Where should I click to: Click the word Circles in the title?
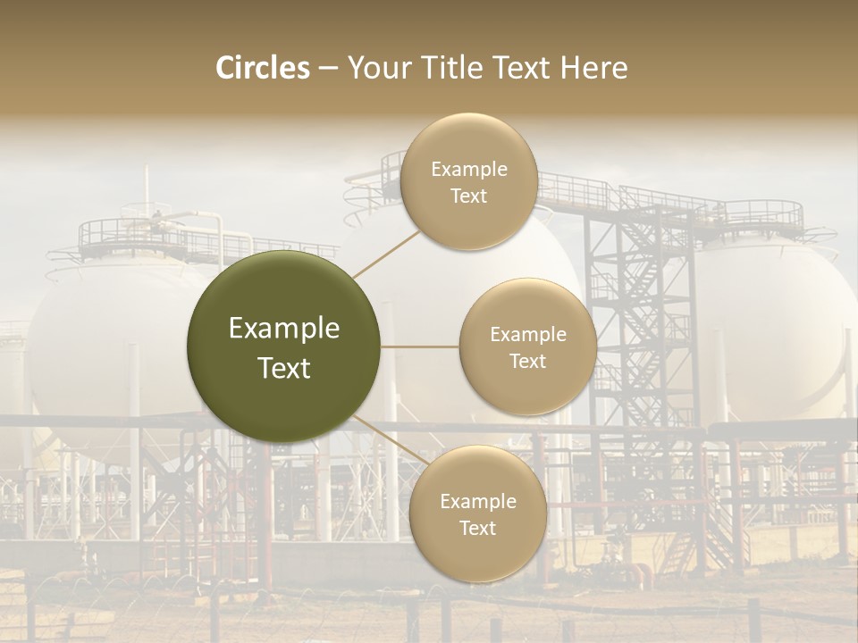[x=263, y=68]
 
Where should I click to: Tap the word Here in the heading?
[x=593, y=68]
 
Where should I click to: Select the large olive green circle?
[x=283, y=347]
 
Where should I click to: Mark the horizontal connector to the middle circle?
[x=419, y=347]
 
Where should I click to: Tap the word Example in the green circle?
[x=283, y=329]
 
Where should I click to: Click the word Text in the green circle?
[x=283, y=368]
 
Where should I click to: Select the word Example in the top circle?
[x=468, y=170]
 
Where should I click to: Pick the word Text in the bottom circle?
[x=477, y=528]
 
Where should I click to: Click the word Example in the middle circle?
[x=527, y=335]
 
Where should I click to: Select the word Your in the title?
[x=376, y=68]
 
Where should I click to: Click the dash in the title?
[x=328, y=69]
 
